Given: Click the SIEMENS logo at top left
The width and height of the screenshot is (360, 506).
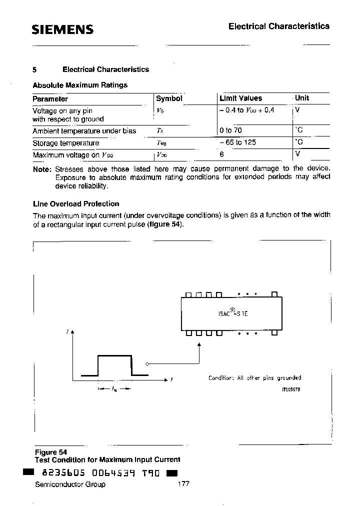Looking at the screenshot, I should [62, 29].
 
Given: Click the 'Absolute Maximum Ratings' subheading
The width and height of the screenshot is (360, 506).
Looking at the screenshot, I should [80, 85].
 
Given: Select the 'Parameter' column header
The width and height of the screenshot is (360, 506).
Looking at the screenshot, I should [50, 99].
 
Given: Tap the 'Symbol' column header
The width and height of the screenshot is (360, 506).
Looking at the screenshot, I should [169, 98].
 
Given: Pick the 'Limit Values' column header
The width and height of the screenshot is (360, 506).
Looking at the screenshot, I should [240, 98].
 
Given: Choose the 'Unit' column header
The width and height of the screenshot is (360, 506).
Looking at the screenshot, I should [302, 98].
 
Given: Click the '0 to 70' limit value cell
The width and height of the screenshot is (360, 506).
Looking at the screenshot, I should [230, 130].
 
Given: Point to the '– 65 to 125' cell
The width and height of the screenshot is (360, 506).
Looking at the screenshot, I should [237, 142].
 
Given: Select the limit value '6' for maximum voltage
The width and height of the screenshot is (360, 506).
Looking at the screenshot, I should [221, 154].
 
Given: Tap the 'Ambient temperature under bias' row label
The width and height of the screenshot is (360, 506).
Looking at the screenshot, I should [84, 131].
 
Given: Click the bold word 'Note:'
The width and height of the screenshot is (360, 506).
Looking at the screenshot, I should [42, 169].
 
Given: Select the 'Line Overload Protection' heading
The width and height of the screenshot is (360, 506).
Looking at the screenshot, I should [75, 204].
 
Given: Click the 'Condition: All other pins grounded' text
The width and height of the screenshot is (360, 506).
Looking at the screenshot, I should [254, 378].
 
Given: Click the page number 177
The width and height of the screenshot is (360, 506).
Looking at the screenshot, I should [183, 484].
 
